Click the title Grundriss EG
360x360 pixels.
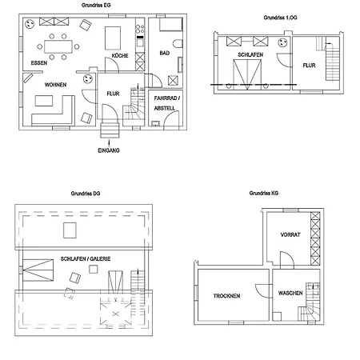click(96, 5)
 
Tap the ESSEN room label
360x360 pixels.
click(39, 63)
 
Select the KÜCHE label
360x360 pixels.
click(120, 55)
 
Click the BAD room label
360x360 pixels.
click(165, 53)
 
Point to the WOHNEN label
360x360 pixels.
click(55, 85)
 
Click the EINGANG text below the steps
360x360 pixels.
click(109, 150)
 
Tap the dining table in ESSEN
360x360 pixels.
click(58, 46)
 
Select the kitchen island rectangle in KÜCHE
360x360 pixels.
click(113, 38)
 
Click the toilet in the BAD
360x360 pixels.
click(178, 44)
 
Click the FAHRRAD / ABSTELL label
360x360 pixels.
click(166, 103)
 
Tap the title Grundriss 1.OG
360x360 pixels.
click(280, 18)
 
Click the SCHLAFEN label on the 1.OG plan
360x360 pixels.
click(250, 54)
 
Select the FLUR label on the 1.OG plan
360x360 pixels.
click(309, 66)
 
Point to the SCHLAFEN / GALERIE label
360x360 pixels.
click(86, 258)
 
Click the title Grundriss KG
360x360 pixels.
click(264, 193)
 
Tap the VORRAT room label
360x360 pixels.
click(290, 234)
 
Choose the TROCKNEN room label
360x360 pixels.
click(226, 296)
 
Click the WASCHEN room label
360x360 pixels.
click(290, 293)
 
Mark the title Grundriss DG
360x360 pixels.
click(86, 194)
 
